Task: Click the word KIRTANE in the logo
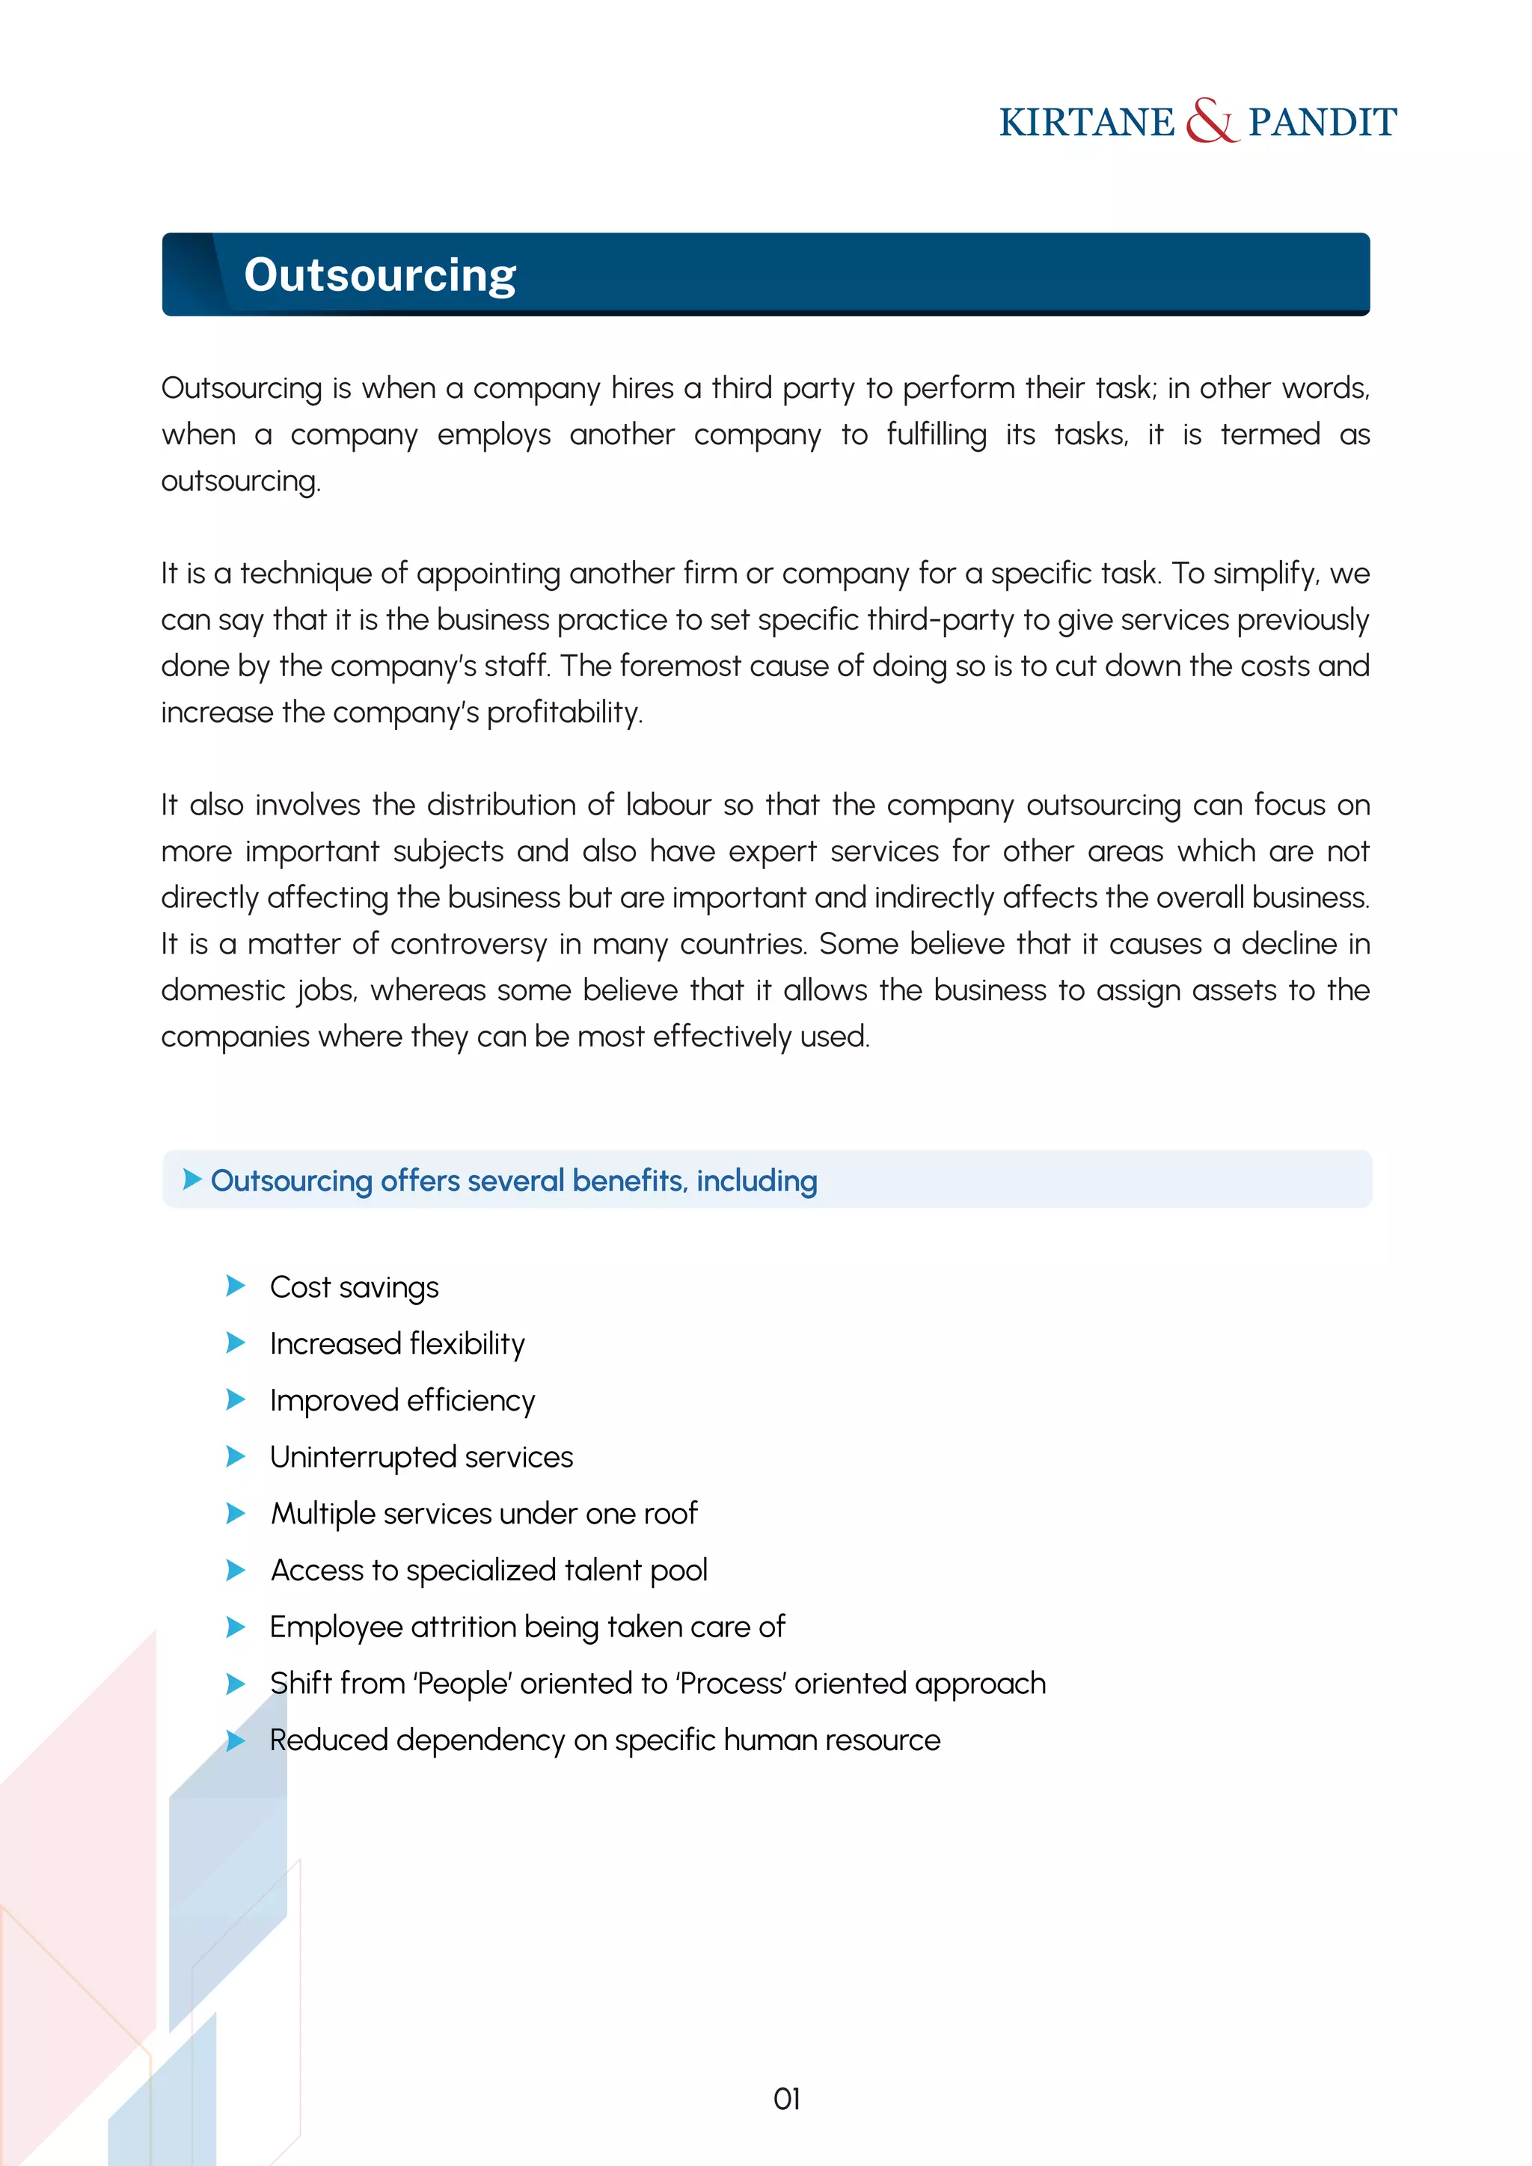(1087, 123)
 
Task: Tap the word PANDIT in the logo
(1322, 123)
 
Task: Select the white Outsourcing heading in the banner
(380, 275)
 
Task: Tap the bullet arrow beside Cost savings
(236, 1286)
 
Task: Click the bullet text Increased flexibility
(396, 1343)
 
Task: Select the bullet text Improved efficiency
(402, 1400)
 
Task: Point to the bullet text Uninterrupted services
(420, 1456)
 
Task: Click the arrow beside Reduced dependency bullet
(236, 1740)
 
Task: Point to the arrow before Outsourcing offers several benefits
(191, 1179)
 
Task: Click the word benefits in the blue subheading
(628, 1180)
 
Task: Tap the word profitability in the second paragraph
(564, 712)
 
